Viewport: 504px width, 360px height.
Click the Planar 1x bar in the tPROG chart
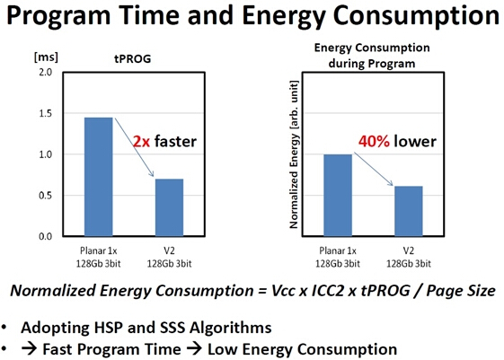click(x=98, y=177)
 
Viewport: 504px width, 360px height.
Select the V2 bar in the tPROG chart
click(x=170, y=207)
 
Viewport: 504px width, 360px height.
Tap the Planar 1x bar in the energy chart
click(x=338, y=195)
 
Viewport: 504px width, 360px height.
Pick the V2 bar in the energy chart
click(x=409, y=211)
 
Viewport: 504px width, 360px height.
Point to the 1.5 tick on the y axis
click(x=45, y=113)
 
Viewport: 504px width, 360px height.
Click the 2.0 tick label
click(x=45, y=72)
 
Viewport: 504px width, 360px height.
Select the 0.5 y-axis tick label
click(x=45, y=196)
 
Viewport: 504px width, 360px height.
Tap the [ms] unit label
click(x=47, y=57)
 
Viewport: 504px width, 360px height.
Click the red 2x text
click(x=142, y=141)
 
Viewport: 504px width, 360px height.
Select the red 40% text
click(x=374, y=141)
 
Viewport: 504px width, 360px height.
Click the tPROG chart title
click(x=133, y=58)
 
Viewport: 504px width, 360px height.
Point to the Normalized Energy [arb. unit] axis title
click(x=294, y=154)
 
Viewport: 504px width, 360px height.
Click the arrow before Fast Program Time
click(x=30, y=349)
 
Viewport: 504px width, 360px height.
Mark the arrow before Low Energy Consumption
click(x=194, y=349)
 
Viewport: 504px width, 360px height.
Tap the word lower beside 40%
click(x=415, y=141)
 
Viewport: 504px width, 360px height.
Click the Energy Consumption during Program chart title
click(x=372, y=56)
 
